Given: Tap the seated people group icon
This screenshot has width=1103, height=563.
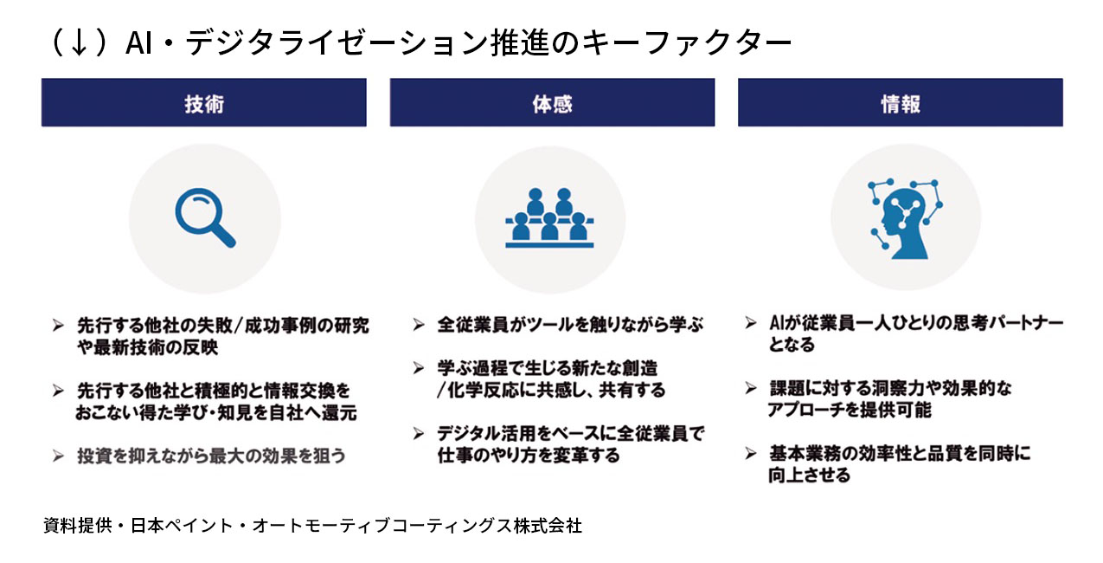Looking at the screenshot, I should tap(550, 218).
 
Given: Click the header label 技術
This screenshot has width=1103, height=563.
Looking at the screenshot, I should tap(203, 103).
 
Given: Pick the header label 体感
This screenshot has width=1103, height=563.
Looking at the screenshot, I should tap(552, 103).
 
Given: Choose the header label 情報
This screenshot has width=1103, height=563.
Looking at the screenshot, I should tap(900, 103).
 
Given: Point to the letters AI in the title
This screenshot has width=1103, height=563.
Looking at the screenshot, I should tap(139, 43).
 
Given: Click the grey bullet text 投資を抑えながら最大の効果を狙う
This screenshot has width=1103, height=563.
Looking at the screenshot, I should tap(211, 455).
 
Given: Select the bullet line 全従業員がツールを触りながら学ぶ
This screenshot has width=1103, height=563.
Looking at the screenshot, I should tap(570, 325).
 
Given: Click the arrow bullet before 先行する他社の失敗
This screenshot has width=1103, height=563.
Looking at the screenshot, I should tap(58, 326).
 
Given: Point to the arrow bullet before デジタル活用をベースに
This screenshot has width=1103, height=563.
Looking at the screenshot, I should tap(419, 433).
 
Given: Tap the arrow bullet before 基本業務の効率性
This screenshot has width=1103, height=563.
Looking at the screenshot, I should tap(751, 453).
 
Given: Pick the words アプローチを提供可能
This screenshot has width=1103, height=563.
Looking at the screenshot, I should tap(849, 410).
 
